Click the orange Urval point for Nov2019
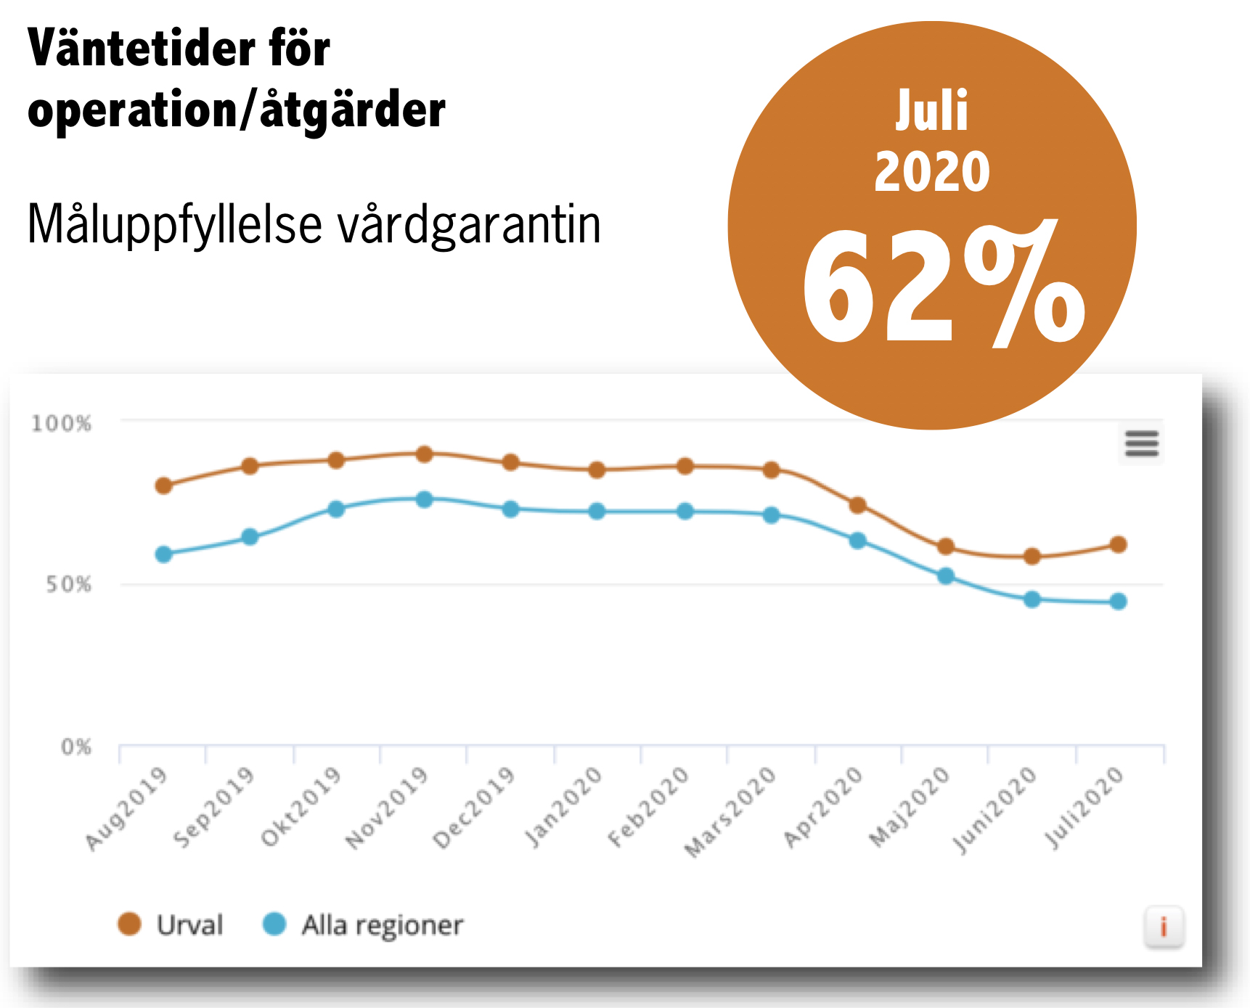click(x=425, y=454)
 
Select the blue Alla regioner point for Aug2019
click(x=164, y=554)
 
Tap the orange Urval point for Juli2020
click(x=1119, y=544)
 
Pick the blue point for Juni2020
click(x=1032, y=599)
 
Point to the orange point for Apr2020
click(x=857, y=505)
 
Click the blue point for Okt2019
click(x=336, y=509)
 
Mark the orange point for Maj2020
click(x=946, y=546)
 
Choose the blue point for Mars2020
click(x=772, y=515)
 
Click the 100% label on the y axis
click(x=62, y=424)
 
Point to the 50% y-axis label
click(x=69, y=585)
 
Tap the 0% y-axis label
click(x=76, y=747)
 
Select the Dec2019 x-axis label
click(x=474, y=807)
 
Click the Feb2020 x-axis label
click(x=648, y=807)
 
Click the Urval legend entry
click(x=171, y=925)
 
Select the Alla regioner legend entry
click(x=363, y=925)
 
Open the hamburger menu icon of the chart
click(x=1142, y=443)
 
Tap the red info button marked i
click(x=1164, y=927)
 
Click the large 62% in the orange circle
click(x=944, y=287)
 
